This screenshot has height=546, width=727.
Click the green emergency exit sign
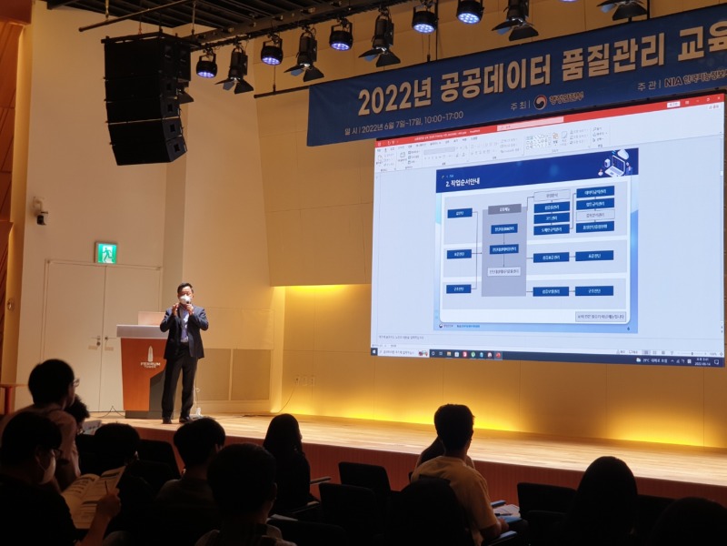[106, 253]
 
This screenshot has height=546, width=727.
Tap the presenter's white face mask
[185, 299]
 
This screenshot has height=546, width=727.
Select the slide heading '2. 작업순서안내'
[468, 182]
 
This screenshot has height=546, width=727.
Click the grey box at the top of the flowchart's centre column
[503, 210]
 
